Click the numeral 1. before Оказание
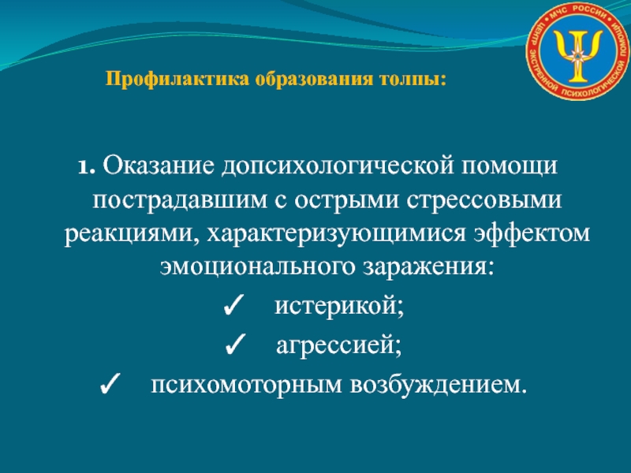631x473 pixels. point(87,166)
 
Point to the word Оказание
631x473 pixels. point(159,165)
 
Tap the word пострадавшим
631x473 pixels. point(180,200)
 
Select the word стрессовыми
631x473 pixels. point(484,199)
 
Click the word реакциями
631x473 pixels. point(130,234)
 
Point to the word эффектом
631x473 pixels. point(531,233)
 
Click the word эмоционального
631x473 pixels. point(257,267)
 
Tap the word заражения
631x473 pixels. point(428,268)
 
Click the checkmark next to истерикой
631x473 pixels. point(233,307)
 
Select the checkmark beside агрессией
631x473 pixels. point(235,345)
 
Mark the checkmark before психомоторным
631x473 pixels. point(110,384)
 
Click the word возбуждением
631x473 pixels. point(439,385)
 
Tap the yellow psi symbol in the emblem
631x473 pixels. point(577,54)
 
